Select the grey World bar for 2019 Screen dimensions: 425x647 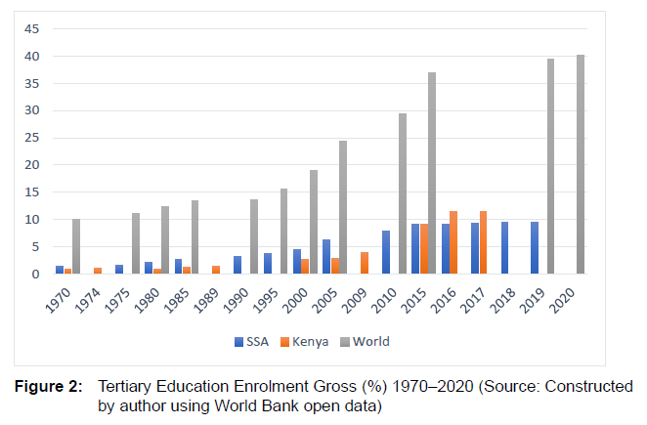(550, 166)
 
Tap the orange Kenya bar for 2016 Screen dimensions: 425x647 (453, 242)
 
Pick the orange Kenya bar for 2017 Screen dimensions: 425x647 (483, 242)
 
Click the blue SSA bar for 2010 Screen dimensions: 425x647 (386, 252)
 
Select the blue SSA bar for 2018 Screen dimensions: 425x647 (504, 248)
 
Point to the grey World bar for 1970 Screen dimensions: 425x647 (76, 246)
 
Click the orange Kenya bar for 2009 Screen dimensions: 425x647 (365, 263)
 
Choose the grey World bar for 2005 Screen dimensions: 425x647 (343, 207)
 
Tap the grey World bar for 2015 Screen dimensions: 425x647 (432, 173)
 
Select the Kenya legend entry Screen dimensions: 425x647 (306, 341)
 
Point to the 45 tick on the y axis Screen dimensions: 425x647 (31, 29)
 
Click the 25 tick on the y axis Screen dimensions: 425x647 (31, 138)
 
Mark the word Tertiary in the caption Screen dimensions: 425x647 (126, 387)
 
